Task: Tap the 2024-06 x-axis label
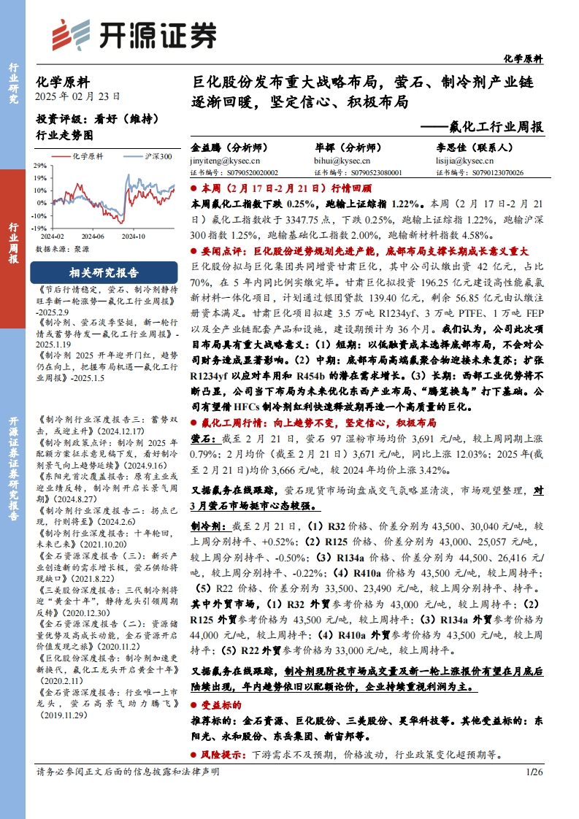coord(93,237)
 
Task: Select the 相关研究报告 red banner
coord(103,273)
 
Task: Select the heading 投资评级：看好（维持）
coord(96,118)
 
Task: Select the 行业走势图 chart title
coord(64,135)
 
